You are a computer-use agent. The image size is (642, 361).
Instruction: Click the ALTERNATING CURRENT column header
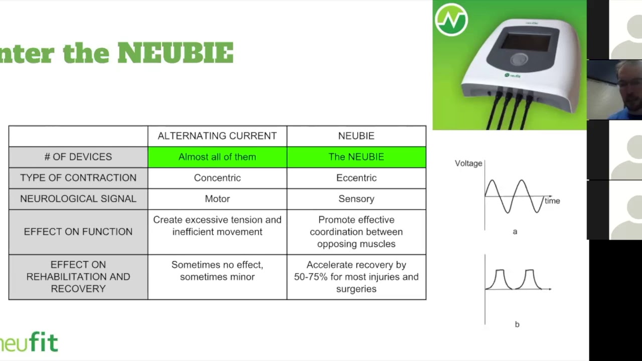[217, 136]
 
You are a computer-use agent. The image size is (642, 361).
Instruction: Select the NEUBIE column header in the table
[356, 136]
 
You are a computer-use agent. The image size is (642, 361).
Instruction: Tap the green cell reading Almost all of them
[217, 157]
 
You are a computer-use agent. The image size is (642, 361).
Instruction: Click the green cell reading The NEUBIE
[356, 157]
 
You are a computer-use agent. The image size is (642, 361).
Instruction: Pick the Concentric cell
[217, 178]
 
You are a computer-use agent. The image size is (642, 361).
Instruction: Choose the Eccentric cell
[356, 178]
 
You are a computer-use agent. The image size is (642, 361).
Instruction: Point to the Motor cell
[217, 199]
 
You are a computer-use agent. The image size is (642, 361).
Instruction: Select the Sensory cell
[356, 199]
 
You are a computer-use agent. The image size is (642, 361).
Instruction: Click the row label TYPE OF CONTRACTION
[78, 178]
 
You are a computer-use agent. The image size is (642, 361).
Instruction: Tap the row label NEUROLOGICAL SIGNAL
[78, 199]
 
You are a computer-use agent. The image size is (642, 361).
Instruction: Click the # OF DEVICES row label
[78, 157]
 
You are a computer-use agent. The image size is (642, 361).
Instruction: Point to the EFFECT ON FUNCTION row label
[78, 232]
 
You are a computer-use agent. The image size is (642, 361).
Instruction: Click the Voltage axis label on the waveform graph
[468, 163]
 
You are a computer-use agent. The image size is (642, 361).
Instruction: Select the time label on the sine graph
[552, 201]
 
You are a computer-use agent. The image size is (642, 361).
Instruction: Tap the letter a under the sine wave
[515, 232]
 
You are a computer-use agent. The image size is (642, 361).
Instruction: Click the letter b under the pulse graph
[517, 324]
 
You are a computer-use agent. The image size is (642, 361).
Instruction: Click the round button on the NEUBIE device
[519, 60]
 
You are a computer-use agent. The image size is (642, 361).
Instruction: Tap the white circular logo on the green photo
[451, 20]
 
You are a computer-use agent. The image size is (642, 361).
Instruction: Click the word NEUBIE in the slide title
[176, 53]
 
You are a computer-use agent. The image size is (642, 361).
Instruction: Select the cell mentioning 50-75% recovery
[356, 277]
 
